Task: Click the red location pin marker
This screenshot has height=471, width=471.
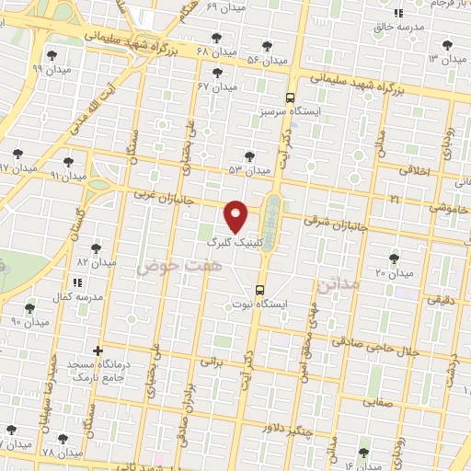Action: click(237, 215)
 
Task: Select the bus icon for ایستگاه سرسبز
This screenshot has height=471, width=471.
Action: click(290, 97)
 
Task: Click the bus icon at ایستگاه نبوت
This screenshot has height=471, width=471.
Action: click(260, 289)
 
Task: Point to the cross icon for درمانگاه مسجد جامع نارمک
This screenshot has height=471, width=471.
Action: click(98, 350)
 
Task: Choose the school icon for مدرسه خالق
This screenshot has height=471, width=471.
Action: click(398, 13)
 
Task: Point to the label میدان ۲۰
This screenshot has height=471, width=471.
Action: click(394, 273)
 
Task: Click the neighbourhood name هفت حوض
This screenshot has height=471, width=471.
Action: click(168, 266)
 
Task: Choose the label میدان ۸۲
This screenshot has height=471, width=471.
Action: click(97, 262)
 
